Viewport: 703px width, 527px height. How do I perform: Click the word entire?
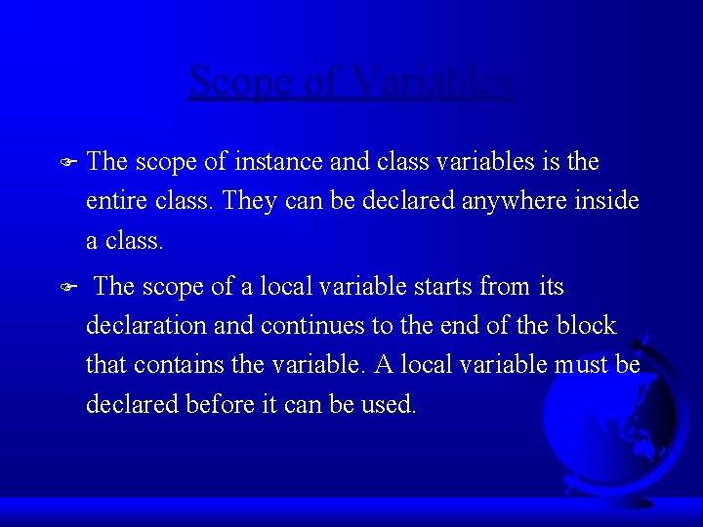click(113, 201)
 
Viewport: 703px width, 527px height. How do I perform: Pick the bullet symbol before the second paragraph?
click(66, 288)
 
